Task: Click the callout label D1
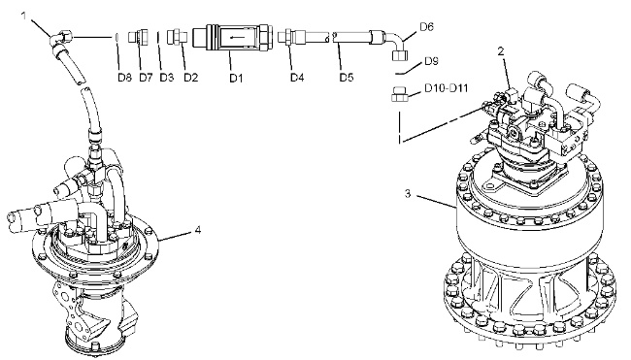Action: coord(236,78)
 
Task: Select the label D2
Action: coord(190,78)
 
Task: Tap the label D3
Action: coord(167,78)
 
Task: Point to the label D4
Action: coord(297,78)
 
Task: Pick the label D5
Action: coord(347,78)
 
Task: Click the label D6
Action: coord(426,27)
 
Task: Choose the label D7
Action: coord(146,78)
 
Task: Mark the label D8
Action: coord(125,78)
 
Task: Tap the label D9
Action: coord(431,61)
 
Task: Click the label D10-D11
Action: coord(447,87)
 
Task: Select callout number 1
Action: coord(24,16)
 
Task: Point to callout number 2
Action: coord(501,51)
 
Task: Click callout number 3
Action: coord(408,194)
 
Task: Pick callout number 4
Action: coord(198,230)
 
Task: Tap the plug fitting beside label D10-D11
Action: coord(399,94)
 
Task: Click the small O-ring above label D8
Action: coord(116,37)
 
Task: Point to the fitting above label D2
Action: coord(176,37)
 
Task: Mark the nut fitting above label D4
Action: coord(287,38)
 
